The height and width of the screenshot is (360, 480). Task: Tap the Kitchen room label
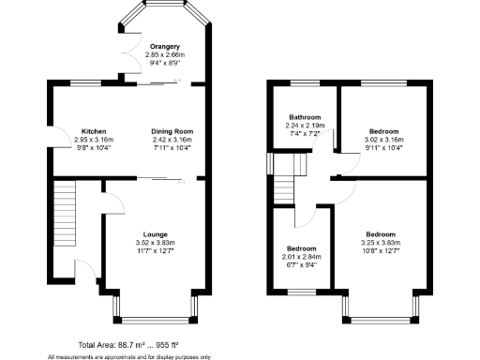[93, 131]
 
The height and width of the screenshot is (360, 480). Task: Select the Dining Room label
[172, 131]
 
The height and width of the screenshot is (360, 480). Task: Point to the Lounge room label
[155, 233]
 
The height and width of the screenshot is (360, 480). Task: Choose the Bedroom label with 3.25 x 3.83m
[380, 233]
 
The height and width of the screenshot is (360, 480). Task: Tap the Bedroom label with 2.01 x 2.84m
[301, 247]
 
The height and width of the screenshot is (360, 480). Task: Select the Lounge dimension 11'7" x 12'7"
[155, 250]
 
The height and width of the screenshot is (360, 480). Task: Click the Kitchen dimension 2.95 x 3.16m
[93, 140]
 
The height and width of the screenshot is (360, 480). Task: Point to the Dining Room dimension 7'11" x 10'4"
[172, 148]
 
